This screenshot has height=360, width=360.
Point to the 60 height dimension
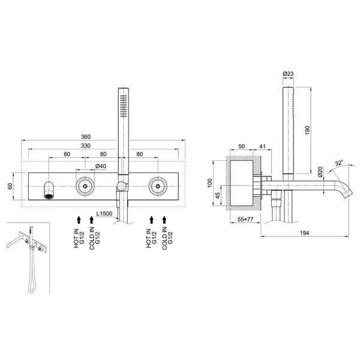10,186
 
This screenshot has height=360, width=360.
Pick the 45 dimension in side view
218,194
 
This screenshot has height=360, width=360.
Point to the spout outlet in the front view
49,195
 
